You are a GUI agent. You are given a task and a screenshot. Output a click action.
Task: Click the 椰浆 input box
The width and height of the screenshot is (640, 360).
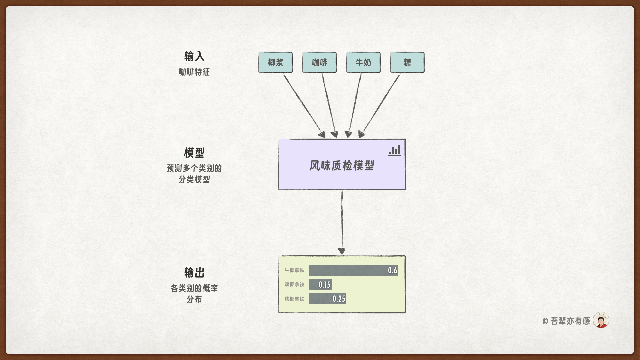(x=275, y=62)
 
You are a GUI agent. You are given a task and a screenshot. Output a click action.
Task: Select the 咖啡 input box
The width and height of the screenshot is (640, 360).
(x=319, y=62)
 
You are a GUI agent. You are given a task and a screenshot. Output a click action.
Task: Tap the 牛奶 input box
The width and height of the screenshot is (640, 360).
(x=363, y=62)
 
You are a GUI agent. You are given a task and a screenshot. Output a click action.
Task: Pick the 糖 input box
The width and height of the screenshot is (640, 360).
(x=407, y=62)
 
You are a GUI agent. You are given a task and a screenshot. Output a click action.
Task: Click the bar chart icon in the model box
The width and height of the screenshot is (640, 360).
(x=394, y=150)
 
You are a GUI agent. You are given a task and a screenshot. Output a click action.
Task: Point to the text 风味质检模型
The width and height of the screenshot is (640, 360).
(x=342, y=165)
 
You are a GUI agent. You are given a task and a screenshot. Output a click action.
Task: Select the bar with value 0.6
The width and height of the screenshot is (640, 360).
(x=353, y=270)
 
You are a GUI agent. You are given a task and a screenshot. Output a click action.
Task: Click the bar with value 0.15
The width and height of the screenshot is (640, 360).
(x=320, y=285)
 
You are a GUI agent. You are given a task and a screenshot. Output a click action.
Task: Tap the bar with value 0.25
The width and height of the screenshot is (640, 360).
(x=327, y=299)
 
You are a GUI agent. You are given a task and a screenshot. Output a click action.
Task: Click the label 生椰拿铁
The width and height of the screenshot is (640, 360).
(x=294, y=270)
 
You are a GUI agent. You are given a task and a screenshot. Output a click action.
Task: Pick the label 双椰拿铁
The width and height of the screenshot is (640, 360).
(x=294, y=285)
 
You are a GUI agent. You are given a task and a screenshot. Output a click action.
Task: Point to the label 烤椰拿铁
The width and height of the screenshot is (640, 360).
(x=294, y=299)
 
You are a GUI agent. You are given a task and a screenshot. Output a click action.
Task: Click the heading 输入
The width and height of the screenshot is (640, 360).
(x=194, y=56)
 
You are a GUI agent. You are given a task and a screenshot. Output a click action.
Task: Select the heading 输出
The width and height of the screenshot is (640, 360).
(x=194, y=273)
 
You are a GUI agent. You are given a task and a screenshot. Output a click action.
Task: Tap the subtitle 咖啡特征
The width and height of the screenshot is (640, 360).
(x=194, y=72)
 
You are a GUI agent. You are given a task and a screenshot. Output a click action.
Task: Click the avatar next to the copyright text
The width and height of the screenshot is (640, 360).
(x=601, y=320)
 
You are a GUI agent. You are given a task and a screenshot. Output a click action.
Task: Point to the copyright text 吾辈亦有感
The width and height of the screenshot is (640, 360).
(x=570, y=321)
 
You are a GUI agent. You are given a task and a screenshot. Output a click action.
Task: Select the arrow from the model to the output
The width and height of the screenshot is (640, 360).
(x=342, y=222)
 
